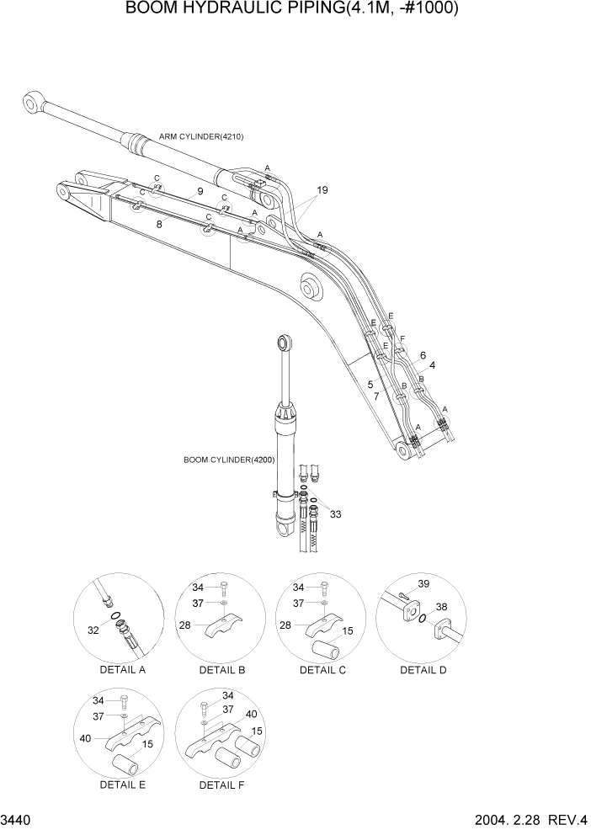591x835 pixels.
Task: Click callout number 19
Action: [x=322, y=189]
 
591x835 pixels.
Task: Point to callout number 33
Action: [x=335, y=513]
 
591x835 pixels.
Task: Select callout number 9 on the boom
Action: [x=200, y=192]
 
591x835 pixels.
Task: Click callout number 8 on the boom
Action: [x=158, y=224]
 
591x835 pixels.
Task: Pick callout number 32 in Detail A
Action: [x=93, y=630]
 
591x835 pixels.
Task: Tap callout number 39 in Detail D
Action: [x=423, y=584]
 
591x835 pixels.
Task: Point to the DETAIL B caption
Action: [x=222, y=670]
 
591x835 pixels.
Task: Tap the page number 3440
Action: [x=18, y=821]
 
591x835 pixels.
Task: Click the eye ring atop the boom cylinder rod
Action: [x=285, y=342]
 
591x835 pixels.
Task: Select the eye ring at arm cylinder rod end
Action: [x=31, y=102]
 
